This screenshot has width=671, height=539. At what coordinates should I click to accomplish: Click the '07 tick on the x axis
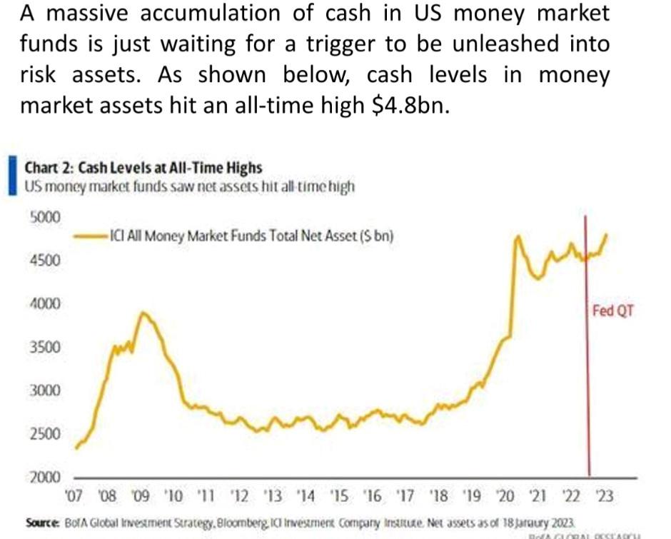[74, 494]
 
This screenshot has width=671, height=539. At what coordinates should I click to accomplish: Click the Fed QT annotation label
[612, 311]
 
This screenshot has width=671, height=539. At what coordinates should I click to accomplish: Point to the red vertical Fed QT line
[589, 393]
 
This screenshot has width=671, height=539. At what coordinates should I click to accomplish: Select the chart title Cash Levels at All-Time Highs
[143, 168]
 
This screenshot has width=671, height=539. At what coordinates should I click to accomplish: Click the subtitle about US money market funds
[189, 187]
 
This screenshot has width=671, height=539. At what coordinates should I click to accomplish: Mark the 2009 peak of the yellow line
[143, 313]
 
